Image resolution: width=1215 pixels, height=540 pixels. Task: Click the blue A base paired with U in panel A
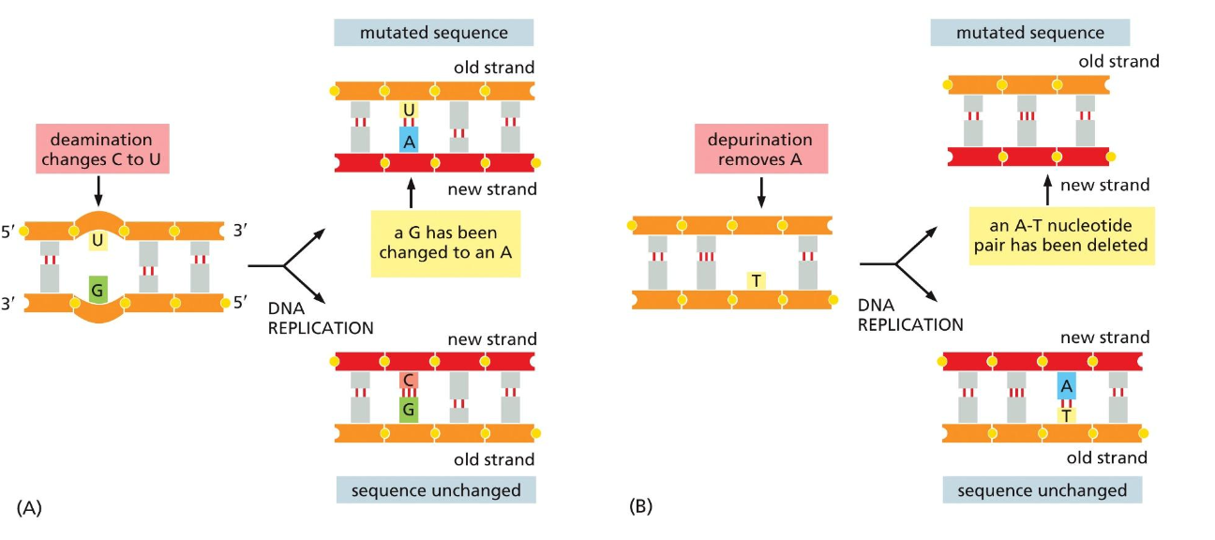(x=408, y=141)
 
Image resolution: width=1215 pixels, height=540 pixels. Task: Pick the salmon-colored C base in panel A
(x=408, y=381)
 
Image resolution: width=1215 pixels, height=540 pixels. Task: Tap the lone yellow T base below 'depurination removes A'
(x=755, y=279)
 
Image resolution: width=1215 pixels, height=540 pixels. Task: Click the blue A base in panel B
(x=1066, y=385)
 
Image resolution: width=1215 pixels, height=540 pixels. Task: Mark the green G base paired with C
(x=408, y=408)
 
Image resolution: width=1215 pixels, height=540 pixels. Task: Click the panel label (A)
(x=29, y=507)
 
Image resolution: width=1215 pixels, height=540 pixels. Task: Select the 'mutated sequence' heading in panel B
(x=1029, y=33)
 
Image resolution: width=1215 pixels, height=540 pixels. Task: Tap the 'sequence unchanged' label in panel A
(x=432, y=490)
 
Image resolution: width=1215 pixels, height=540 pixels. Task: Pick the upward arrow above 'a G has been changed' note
(x=410, y=193)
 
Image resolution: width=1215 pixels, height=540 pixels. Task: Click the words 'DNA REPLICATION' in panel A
(x=320, y=319)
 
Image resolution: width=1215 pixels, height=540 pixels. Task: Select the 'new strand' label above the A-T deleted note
(x=1104, y=185)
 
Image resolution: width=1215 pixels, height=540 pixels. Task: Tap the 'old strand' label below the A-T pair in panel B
(x=1107, y=457)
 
